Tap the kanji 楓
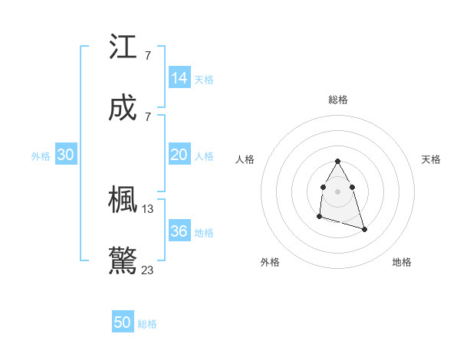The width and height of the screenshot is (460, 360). (123, 200)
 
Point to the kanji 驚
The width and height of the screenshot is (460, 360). (123, 260)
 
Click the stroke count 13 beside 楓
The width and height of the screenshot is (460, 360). (148, 209)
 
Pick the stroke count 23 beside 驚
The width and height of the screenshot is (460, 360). (148, 270)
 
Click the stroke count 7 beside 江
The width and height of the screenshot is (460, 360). (147, 55)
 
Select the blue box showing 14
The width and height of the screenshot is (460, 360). (179, 78)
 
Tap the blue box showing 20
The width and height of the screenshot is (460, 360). (179, 155)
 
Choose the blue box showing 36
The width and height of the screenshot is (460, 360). (179, 231)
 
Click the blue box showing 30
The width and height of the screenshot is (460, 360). (66, 155)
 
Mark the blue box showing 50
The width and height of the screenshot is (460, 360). (123, 322)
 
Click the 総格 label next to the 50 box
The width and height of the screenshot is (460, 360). (147, 324)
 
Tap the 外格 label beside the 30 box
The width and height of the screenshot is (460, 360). (41, 156)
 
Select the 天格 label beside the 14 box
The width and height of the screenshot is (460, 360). (204, 80)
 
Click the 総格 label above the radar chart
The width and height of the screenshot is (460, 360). (338, 100)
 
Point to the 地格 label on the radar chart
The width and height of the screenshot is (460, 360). (402, 262)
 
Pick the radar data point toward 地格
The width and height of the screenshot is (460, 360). (364, 229)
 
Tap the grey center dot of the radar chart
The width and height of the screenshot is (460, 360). (337, 189)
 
